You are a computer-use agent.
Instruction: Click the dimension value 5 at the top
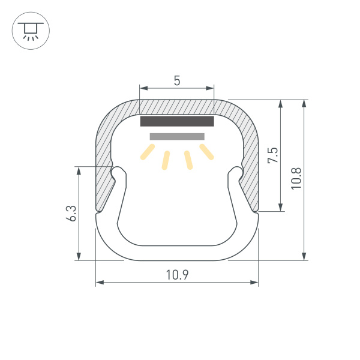coord(177,80)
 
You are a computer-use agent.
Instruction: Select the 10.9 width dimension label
coord(177,275)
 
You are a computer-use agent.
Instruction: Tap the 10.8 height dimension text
coord(296,178)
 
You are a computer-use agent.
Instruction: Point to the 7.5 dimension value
coord(273,155)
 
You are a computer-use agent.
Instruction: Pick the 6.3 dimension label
coord(71,213)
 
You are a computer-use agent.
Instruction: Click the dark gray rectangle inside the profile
coord(177,121)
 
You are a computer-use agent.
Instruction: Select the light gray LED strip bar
coord(177,137)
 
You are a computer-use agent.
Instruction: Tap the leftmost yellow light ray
coord(148,152)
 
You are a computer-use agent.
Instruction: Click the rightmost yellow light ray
coord(206,152)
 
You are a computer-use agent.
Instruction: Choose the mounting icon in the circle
coord(31,31)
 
